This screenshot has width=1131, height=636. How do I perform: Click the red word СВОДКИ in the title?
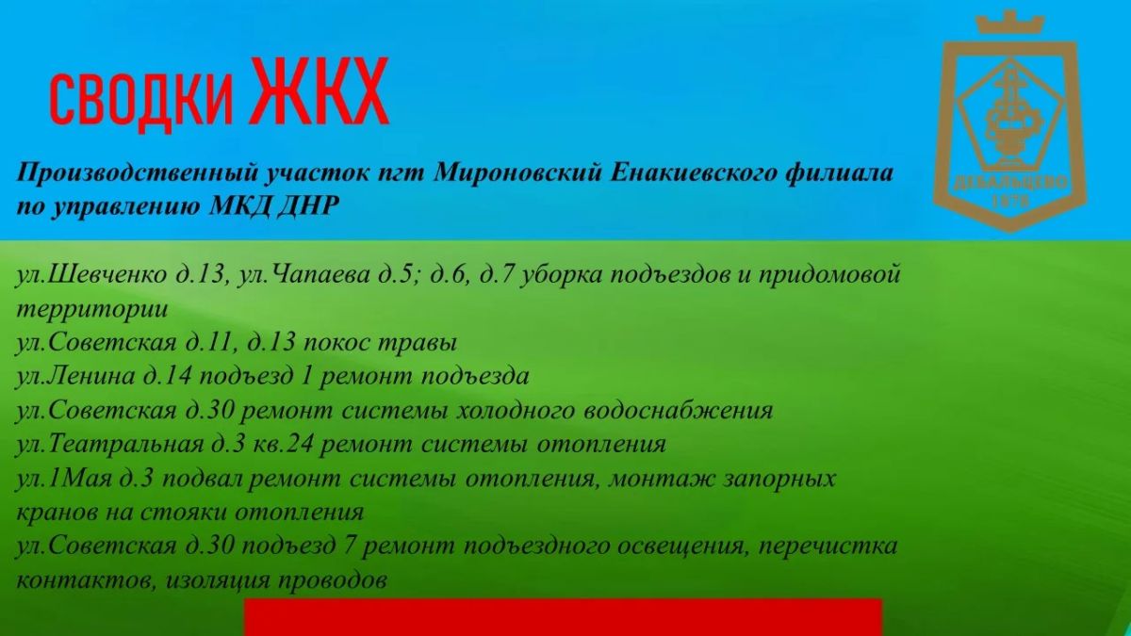[x=141, y=100]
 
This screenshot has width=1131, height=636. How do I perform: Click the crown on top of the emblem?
[x=1009, y=23]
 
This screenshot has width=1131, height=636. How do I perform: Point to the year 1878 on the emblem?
[x=1010, y=202]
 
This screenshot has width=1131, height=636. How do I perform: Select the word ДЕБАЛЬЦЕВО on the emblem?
[x=1010, y=183]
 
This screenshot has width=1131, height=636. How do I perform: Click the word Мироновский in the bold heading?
[x=517, y=172]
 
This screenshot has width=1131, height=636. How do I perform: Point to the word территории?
[x=92, y=309]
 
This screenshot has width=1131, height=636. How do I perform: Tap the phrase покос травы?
[x=380, y=343]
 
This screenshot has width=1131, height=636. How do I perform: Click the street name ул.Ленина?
[x=75, y=377]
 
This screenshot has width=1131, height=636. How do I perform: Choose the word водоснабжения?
[x=678, y=411]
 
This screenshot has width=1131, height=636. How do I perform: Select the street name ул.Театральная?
[x=109, y=445]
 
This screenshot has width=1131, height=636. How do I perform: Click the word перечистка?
[x=828, y=546]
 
